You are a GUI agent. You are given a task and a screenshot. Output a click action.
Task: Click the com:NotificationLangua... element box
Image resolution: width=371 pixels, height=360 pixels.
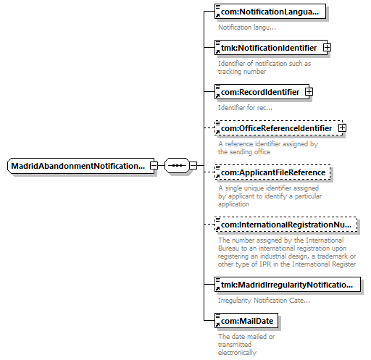pyautogui.click(x=270, y=12)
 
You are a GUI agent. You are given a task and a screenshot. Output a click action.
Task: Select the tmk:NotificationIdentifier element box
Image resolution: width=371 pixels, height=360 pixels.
pyautogui.click(x=271, y=48)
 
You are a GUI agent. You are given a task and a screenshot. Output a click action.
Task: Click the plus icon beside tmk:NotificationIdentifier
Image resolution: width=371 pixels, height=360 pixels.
pyautogui.click(x=327, y=48)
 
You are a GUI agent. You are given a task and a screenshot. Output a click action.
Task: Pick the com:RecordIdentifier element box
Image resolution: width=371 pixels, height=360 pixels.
pyautogui.click(x=262, y=92)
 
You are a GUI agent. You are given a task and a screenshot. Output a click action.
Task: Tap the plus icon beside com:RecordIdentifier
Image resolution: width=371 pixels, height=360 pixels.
pyautogui.click(x=309, y=92)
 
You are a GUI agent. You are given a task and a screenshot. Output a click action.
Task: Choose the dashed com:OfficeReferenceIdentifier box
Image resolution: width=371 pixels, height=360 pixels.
pyautogui.click(x=278, y=128)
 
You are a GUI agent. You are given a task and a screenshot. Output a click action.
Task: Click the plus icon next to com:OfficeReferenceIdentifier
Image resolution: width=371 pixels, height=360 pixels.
pyautogui.click(x=342, y=128)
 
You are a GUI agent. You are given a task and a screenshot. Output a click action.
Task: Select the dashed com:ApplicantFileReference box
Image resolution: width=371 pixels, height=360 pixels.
pyautogui.click(x=272, y=172)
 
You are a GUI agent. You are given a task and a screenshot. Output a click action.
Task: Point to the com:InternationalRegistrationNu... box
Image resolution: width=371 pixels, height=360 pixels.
pyautogui.click(x=286, y=225)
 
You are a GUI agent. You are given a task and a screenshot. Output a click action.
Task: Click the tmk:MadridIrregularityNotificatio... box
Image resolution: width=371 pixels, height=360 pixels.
pyautogui.click(x=288, y=285)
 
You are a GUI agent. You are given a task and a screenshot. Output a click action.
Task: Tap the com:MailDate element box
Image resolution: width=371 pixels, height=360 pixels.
pyautogui.click(x=246, y=321)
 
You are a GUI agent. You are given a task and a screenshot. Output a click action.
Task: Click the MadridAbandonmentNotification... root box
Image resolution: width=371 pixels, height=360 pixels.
pyautogui.click(x=80, y=166)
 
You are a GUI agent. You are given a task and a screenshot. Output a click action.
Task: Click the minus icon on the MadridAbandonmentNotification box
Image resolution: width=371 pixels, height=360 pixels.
pyautogui.click(x=154, y=166)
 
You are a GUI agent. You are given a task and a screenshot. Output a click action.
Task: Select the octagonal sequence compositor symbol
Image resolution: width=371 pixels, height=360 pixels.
pyautogui.click(x=177, y=166)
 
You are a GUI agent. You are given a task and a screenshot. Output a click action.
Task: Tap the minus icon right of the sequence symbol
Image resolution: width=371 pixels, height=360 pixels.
pyautogui.click(x=193, y=166)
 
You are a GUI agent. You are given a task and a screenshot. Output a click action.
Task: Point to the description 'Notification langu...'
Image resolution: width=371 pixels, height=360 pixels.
pyautogui.click(x=247, y=28)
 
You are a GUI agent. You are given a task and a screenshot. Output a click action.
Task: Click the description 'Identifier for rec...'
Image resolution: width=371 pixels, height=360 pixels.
pyautogui.click(x=245, y=108)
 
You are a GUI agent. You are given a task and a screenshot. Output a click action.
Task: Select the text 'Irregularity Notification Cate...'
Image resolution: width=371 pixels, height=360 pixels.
pyautogui.click(x=264, y=301)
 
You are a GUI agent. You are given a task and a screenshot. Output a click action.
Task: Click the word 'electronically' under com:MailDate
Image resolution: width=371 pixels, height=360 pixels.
pyautogui.click(x=237, y=353)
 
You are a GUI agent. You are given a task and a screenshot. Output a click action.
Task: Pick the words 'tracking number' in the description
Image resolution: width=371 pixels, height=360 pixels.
pyautogui.click(x=242, y=72)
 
